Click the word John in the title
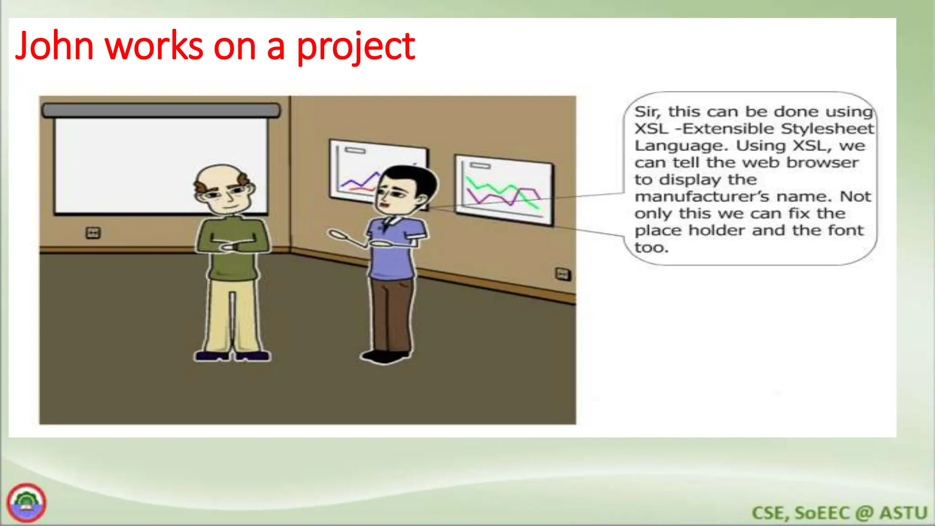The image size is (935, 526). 54,46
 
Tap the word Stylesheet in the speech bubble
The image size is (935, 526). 827,129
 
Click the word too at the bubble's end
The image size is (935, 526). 651,247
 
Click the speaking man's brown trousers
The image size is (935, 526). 391,315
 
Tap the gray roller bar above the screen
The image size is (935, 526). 161,110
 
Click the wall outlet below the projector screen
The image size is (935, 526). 93,233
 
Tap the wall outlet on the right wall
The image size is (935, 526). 562,274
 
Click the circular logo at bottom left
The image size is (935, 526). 26,503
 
